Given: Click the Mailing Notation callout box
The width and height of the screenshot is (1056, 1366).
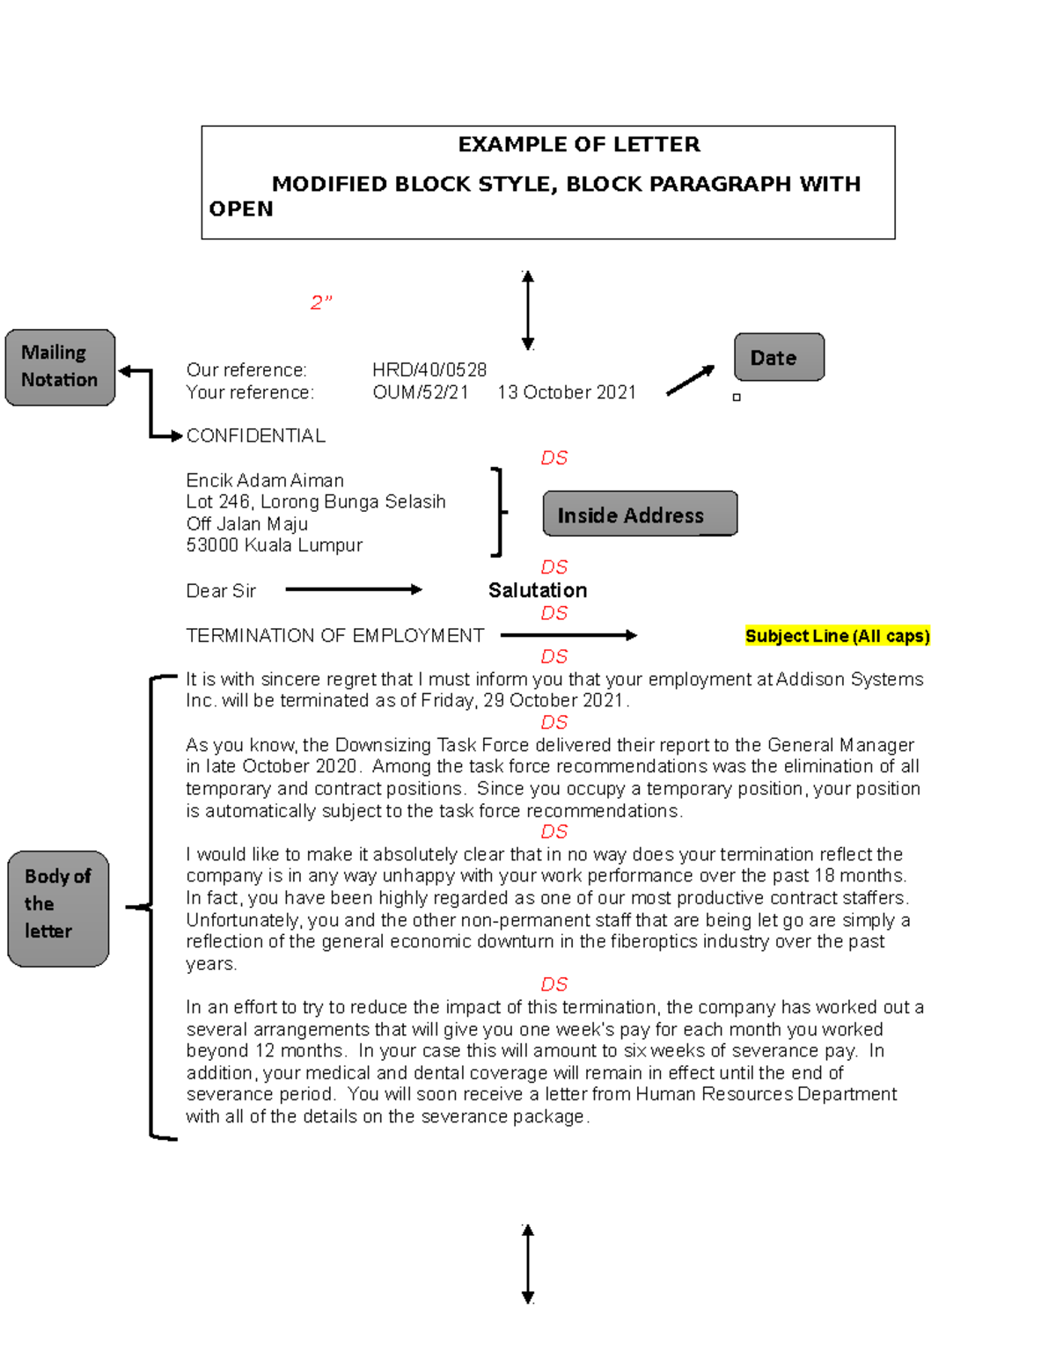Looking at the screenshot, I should coord(60,367).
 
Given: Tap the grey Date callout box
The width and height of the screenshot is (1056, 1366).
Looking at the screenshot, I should coord(779,357).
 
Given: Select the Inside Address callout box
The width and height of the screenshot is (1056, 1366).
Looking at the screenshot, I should coord(640,514).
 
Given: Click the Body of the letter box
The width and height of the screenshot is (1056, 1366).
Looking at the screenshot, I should coord(58,908).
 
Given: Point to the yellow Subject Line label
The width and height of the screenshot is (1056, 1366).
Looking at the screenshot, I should coord(837,636).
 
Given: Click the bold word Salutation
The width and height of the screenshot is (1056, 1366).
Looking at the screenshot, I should coord(538,590).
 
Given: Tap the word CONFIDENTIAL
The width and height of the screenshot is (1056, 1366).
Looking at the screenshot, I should coord(256,435).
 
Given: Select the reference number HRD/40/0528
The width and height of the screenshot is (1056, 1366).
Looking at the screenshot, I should coord(429,369).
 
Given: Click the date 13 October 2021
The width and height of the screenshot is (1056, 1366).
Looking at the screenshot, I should coord(567,392).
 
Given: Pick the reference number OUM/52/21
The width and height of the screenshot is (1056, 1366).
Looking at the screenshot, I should coord(421,392).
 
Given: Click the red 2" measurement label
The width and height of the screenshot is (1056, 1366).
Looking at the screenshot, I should coord(321,303).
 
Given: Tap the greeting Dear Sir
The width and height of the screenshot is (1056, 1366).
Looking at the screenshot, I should coord(221,591).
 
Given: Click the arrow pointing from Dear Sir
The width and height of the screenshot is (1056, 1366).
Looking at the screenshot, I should coord(354,589).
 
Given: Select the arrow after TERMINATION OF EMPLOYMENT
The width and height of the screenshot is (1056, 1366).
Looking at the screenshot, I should coord(568,635).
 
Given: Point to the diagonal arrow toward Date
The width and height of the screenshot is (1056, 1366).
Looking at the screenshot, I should coord(691,380).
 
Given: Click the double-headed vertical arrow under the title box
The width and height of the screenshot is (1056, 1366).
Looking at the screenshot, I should coord(528,310).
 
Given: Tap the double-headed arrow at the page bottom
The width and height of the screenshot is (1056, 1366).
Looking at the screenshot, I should coord(528,1264).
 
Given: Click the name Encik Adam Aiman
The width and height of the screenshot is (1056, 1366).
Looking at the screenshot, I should coord(265,480).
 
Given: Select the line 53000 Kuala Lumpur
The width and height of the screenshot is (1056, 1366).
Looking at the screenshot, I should coord(275,545).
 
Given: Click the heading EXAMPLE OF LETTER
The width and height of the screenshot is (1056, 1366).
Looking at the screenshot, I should coord(579,144).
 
